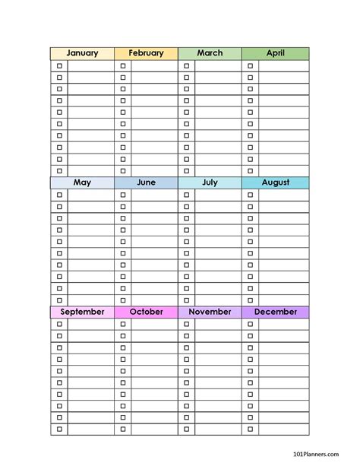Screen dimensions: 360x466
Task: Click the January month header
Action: pos(82,53)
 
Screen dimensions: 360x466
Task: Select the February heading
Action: pos(146,53)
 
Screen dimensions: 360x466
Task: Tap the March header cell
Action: pos(210,53)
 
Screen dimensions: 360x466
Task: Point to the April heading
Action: pos(275,53)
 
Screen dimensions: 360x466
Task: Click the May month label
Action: pos(82,182)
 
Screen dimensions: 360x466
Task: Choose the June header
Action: pos(146,182)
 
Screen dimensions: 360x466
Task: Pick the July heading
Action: pos(210,182)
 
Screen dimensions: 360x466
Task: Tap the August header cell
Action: pos(275,182)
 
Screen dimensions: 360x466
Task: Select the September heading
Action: pos(82,312)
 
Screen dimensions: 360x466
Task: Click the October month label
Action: pos(146,312)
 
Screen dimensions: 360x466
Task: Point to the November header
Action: pos(210,312)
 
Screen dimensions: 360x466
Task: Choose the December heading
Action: pos(275,312)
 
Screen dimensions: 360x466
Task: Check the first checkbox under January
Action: pos(59,66)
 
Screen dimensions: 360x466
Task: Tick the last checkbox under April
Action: pos(251,171)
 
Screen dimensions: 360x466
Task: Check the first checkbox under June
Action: pos(123,195)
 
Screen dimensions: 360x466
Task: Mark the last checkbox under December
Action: pos(251,430)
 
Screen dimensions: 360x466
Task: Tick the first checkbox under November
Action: pos(187,325)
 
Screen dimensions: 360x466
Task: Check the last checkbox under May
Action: pos(59,300)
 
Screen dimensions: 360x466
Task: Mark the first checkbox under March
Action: pos(187,66)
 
